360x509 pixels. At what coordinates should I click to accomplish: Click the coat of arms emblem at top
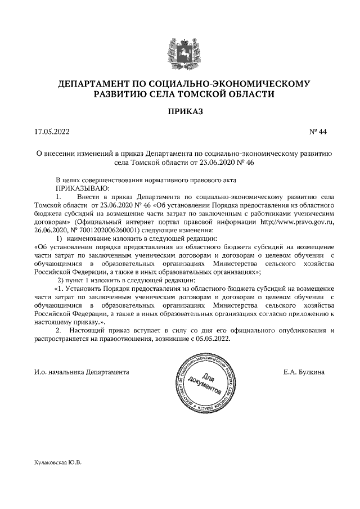pos(179,53)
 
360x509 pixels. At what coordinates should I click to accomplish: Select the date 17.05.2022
pos(51,133)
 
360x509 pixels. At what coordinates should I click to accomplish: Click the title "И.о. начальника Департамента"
pos(81,372)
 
